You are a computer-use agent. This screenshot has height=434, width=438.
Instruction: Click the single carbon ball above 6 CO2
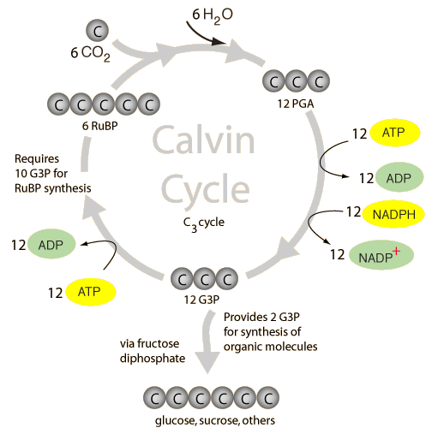(99, 32)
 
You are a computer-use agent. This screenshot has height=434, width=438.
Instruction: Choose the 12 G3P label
(203, 300)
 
